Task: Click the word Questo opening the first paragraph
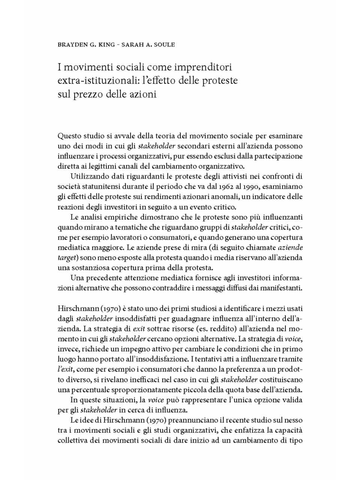[x=69, y=136]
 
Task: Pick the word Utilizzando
[x=89, y=176]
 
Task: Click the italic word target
[x=66, y=258]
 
